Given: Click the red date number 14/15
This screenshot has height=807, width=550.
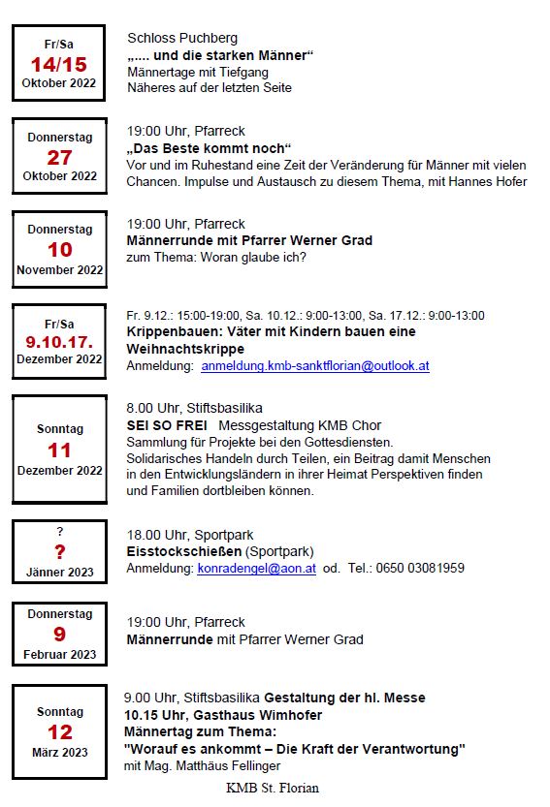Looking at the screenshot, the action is pos(58,65).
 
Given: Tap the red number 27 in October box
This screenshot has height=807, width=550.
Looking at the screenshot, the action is pos(59,158).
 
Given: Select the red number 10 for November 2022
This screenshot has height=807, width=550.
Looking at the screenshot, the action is pos(59,250).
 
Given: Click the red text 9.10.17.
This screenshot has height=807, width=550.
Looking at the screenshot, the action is pos(59,341).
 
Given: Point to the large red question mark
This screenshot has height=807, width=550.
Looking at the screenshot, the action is pos(59,551).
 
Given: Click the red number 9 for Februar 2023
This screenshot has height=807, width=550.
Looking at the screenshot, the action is pos(59,635).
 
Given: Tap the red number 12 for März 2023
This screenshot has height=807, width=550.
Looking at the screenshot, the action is pos(59,732).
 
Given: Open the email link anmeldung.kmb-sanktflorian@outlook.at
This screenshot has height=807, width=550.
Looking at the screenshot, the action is pos(314,366).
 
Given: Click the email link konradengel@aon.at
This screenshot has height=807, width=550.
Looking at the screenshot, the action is pos(256,568).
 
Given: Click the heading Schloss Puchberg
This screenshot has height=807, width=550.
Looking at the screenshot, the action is pos(182,38).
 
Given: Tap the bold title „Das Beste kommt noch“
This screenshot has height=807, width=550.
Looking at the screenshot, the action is pos(209,148).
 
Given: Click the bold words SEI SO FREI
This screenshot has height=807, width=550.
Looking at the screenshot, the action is pos(167,425).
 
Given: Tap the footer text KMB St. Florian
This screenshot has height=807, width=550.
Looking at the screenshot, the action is pos(273,788).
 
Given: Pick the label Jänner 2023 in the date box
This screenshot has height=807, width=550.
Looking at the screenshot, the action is pos(59,573).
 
